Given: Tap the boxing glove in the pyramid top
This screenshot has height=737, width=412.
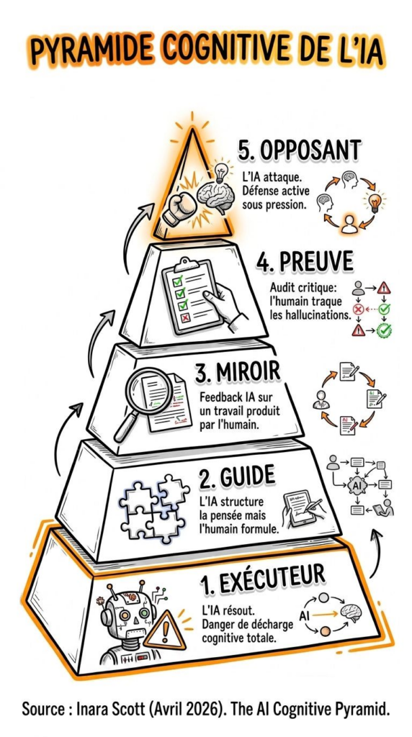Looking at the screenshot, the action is click(178, 209).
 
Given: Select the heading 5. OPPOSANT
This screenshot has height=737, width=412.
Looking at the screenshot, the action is click(299, 151).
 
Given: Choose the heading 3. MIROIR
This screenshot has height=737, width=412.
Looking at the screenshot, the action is click(238, 374).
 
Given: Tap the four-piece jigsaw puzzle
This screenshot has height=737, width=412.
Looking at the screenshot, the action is click(154, 510).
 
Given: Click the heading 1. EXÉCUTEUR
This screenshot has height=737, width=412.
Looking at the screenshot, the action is click(262, 583).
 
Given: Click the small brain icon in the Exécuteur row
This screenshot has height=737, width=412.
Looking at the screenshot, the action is click(350, 613).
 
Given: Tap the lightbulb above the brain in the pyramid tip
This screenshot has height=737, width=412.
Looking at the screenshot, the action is click(221, 172).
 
